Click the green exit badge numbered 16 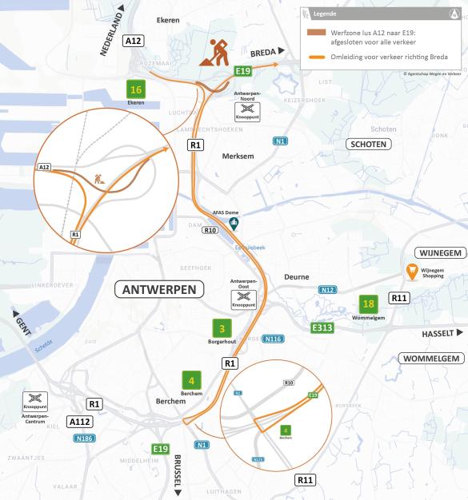tap(135, 89)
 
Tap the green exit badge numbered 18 tap(367, 304)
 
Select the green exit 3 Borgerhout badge tap(222, 327)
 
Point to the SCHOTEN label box tap(367, 145)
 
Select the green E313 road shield tap(322, 327)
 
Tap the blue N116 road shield tap(274, 339)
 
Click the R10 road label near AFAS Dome tap(210, 230)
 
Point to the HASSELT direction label tap(438, 332)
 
